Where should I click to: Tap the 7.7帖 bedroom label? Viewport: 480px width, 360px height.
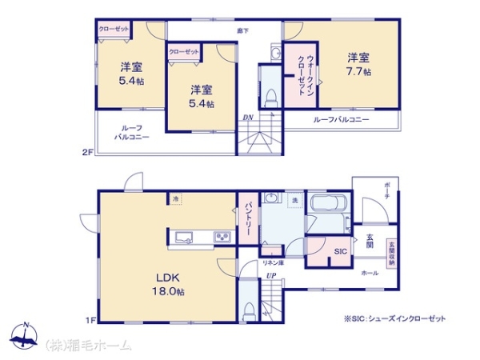coord(358,64)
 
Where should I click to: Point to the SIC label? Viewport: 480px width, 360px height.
coord(341,250)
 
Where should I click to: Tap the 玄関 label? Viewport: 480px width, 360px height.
coord(370,241)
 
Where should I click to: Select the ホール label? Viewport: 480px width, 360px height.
coord(370,273)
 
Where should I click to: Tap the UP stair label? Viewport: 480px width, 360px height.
coord(271,277)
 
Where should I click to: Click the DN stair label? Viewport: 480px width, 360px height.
coord(249,118)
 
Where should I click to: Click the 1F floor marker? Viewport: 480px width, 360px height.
coord(90,322)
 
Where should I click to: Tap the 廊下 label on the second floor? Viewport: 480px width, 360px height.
coord(242,30)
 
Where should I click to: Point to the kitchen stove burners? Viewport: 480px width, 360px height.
coord(221,235)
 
